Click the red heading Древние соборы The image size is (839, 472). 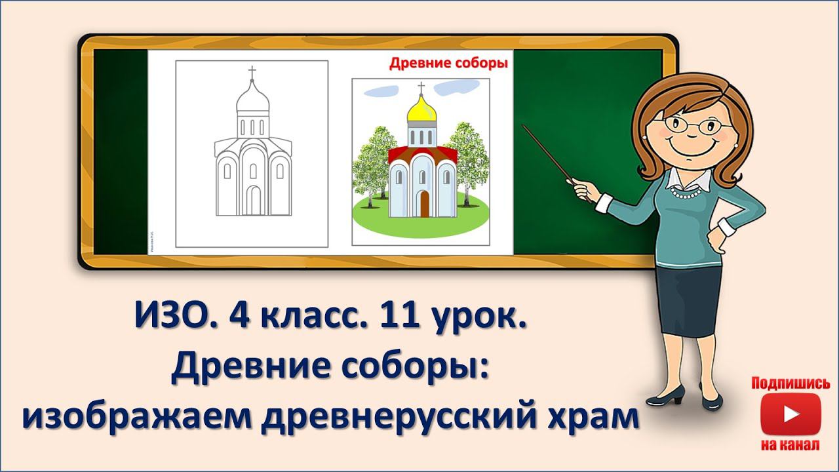tap(449, 64)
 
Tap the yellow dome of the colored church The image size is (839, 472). tap(421, 109)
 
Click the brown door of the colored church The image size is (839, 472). tap(424, 203)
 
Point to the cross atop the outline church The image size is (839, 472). tap(252, 72)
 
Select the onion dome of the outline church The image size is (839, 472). tap(252, 99)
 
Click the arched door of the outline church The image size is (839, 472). tap(253, 200)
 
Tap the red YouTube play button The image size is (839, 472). tap(790, 414)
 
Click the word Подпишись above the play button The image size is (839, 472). tap(790, 383)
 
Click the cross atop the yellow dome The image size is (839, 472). tap(421, 87)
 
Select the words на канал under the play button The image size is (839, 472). tap(790, 446)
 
